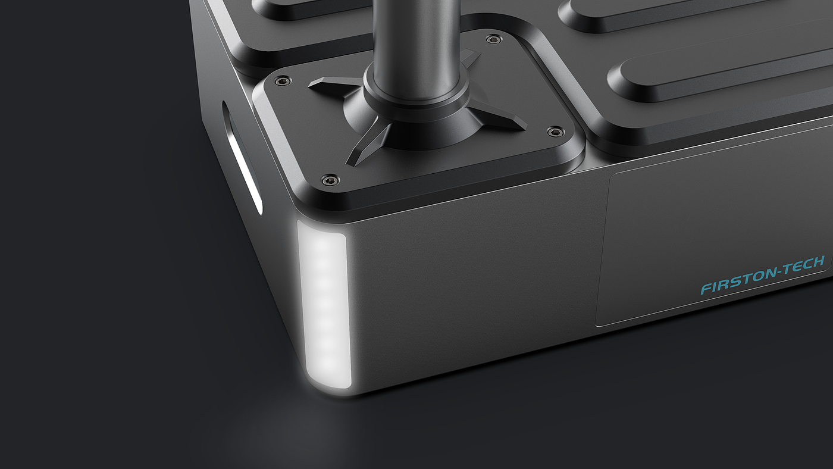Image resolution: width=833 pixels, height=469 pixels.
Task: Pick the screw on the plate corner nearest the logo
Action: coord(555,132)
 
